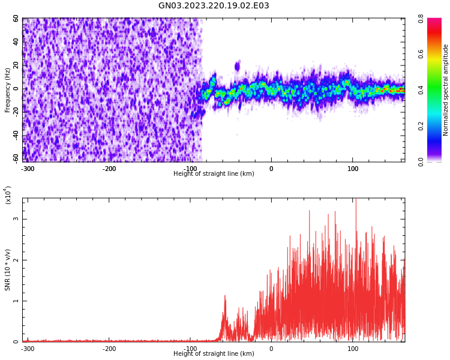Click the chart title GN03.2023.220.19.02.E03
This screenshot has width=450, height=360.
pyautogui.click(x=214, y=6)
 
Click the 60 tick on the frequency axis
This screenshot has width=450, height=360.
pyautogui.click(x=16, y=19)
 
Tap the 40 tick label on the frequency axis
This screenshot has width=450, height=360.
pyautogui.click(x=16, y=42)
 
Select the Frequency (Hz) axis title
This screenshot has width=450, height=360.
pyautogui.click(x=8, y=90)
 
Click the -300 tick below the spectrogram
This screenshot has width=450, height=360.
pyautogui.click(x=28, y=169)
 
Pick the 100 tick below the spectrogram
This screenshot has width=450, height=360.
pyautogui.click(x=353, y=169)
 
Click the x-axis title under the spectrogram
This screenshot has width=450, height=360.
pyautogui.click(x=214, y=174)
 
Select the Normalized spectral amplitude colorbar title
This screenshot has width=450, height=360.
pyautogui.click(x=446, y=90)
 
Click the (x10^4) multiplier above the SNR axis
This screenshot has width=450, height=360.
pyautogui.click(x=8, y=196)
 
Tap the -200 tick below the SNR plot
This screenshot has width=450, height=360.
pyautogui.click(x=109, y=349)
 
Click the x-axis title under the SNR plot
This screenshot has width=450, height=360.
pyautogui.click(x=214, y=354)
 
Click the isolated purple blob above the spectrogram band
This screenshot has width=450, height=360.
pyautogui.click(x=238, y=66)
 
